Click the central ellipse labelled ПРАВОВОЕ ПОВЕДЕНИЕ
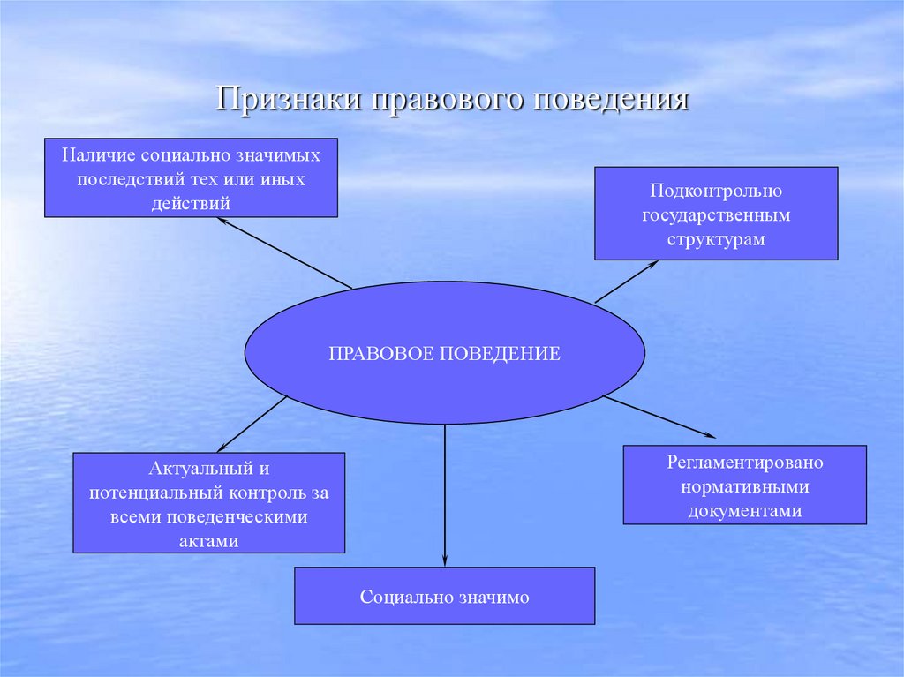(x=444, y=353)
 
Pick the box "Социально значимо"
(x=444, y=597)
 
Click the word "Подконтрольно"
(x=716, y=191)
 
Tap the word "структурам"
(x=716, y=238)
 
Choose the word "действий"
(x=190, y=202)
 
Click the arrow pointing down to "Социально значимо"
(x=445, y=494)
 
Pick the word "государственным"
(x=716, y=214)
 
